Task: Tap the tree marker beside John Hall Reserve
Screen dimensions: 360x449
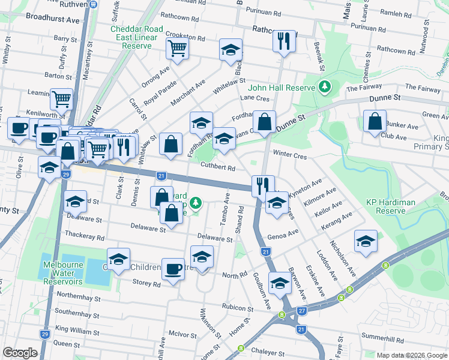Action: [325, 87]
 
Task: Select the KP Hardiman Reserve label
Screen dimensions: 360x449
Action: [391, 206]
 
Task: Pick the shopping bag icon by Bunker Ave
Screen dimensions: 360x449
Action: [375, 121]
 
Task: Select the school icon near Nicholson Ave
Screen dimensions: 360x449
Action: [366, 241]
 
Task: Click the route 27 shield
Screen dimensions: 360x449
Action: [302, 310]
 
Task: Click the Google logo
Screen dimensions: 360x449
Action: [20, 353]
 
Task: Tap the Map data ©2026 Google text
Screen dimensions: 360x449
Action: [411, 355]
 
